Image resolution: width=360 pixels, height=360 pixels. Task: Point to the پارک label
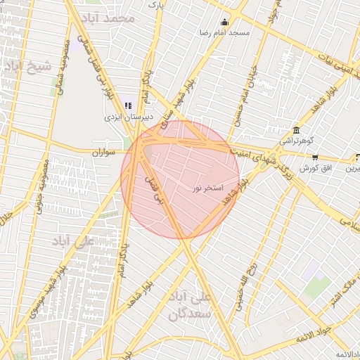coord(155,5)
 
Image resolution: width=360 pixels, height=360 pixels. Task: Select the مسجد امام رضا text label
coord(224,32)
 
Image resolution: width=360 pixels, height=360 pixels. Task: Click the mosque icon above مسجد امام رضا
coord(224,22)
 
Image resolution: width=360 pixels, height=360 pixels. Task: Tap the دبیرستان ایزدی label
coord(129,116)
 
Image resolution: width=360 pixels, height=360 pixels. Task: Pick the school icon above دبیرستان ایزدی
coord(129,105)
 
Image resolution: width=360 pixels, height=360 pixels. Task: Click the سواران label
coord(103,152)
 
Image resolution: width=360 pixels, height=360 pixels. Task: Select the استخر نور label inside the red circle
coord(207,189)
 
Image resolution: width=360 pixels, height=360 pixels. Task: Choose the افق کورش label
coord(314,169)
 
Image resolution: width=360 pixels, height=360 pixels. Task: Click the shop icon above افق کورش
coord(315,157)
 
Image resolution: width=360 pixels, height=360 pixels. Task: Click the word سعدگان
coord(189,313)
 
